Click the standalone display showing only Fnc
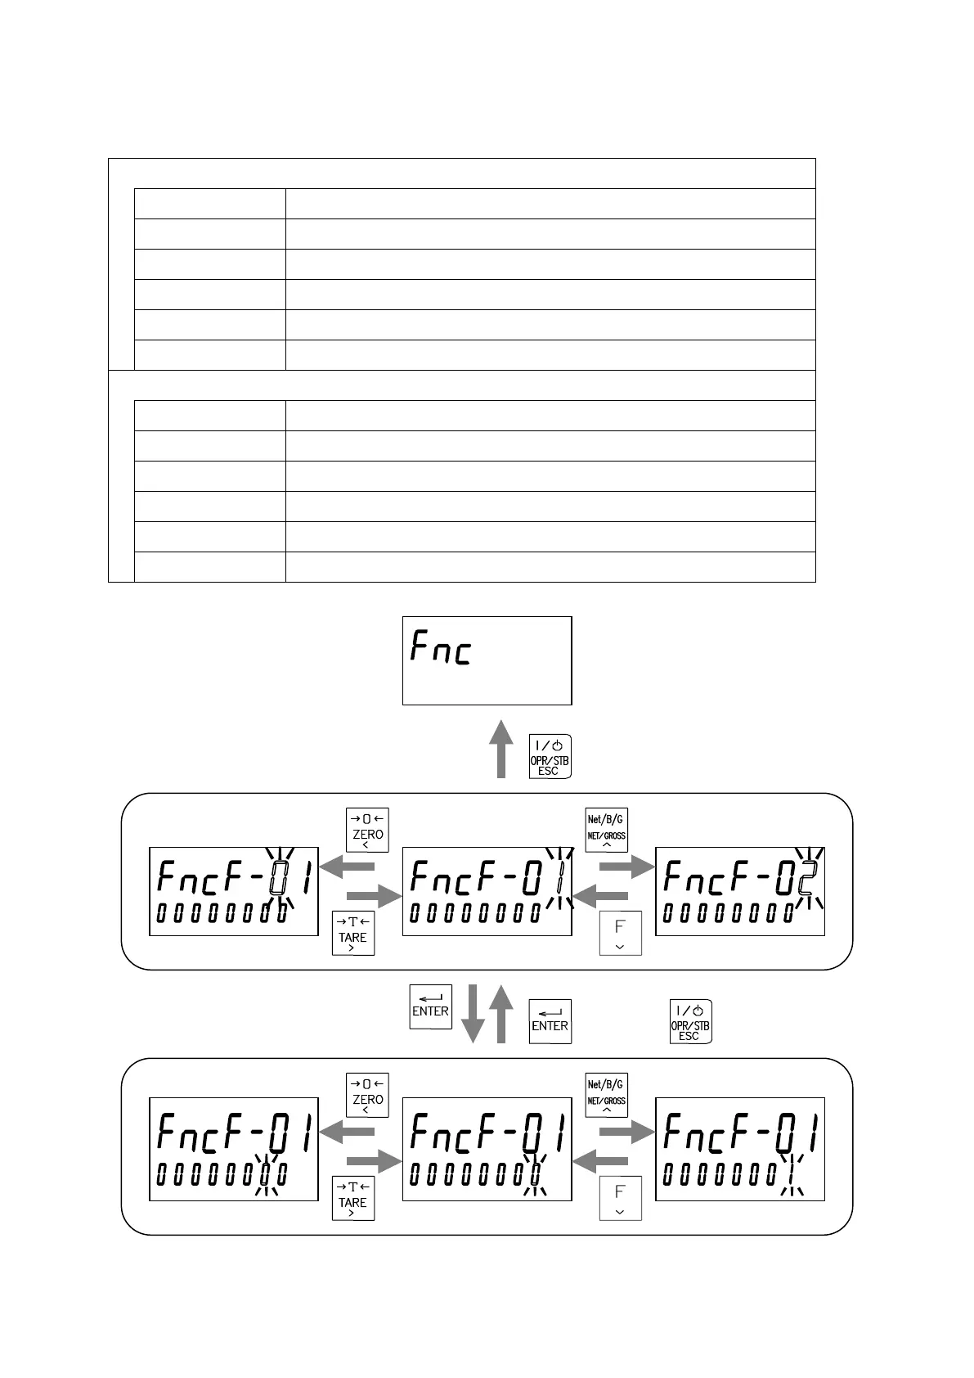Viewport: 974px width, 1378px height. (487, 660)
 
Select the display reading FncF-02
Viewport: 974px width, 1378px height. (740, 891)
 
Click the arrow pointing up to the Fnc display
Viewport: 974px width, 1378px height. (501, 748)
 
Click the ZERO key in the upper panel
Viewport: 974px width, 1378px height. (367, 830)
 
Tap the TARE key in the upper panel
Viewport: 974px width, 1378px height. (352, 933)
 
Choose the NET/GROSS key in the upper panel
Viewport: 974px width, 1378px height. (606, 830)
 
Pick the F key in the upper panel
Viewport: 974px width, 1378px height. (620, 933)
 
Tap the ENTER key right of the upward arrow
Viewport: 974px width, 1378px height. (550, 1021)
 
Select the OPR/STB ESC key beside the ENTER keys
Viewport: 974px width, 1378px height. (690, 1021)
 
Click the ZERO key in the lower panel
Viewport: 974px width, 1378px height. (367, 1095)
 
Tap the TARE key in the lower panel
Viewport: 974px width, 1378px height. (352, 1198)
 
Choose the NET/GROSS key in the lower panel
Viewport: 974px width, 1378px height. (606, 1095)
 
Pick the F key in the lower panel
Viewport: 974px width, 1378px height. (620, 1198)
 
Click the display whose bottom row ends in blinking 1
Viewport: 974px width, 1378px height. (740, 1149)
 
